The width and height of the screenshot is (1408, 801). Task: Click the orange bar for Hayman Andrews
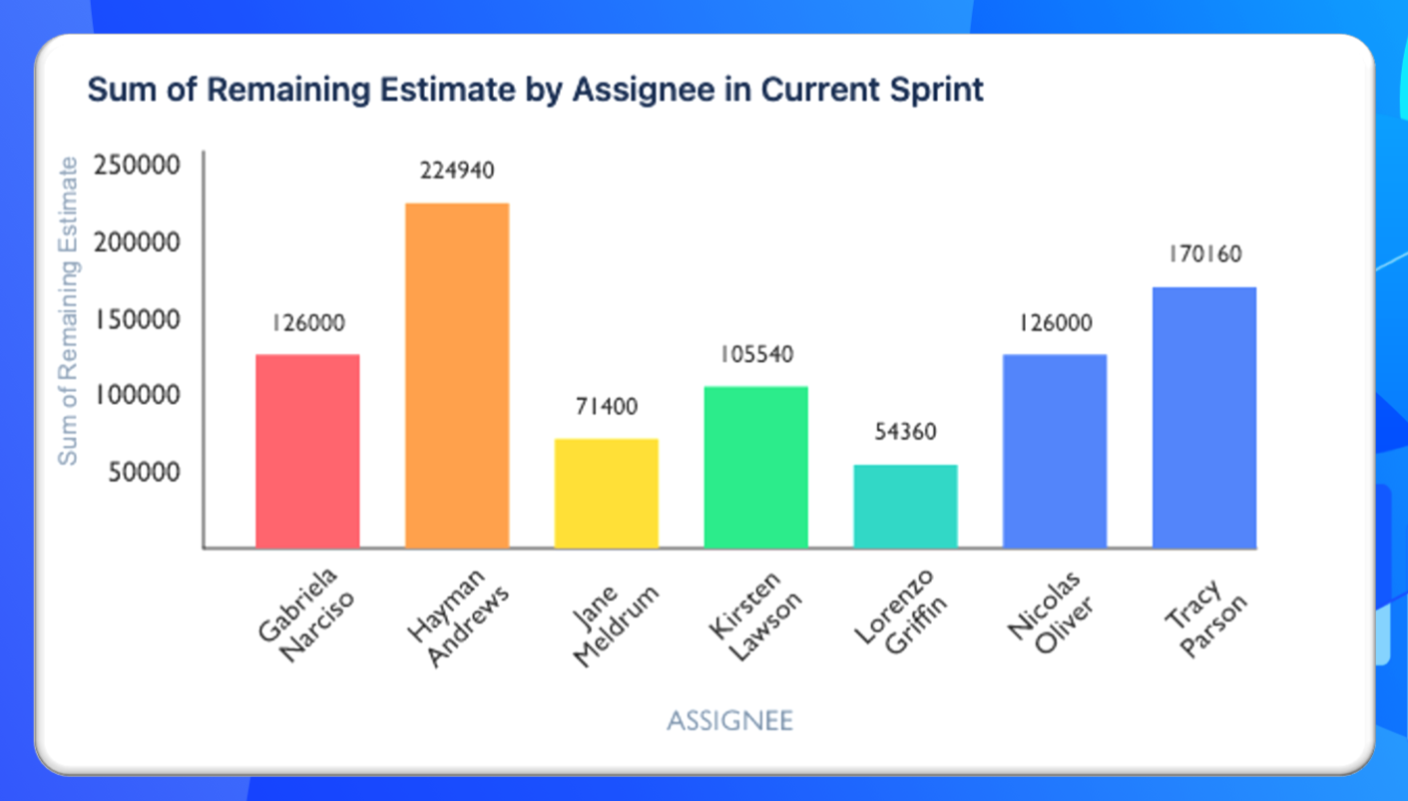[457, 375]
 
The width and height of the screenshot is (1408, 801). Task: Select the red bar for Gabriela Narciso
[307, 451]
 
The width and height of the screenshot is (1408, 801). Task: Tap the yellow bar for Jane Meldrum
[606, 493]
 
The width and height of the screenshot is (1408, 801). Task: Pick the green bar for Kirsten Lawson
[755, 467]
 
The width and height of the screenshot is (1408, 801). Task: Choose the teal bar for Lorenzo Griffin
[905, 506]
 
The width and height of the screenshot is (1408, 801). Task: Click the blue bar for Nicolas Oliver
[1055, 451]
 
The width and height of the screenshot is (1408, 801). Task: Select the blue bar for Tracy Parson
[1203, 417]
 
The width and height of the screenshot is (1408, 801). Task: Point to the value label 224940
[457, 172]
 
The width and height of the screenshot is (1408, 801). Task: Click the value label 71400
[606, 407]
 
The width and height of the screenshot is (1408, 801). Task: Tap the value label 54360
[905, 433]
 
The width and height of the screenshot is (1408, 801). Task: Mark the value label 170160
[1204, 254]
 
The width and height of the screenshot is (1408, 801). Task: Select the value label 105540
[755, 354]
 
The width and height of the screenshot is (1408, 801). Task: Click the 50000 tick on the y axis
[145, 472]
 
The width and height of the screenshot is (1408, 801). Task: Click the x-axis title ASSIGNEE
[729, 720]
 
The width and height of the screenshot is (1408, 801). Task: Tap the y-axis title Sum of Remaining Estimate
[68, 310]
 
